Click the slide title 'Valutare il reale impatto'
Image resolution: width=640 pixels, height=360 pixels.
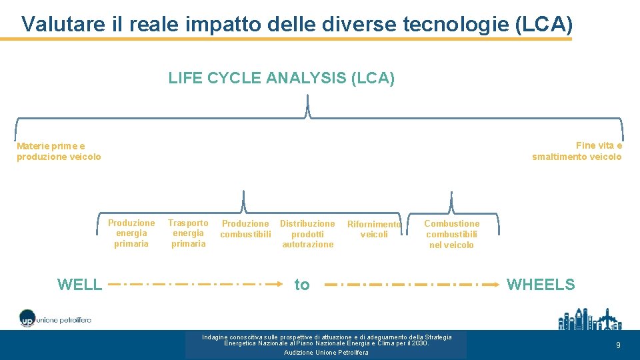pos(297,24)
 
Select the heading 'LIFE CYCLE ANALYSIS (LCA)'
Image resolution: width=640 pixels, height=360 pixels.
pos(281,79)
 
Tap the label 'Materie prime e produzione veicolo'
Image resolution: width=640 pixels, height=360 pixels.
pos(59,151)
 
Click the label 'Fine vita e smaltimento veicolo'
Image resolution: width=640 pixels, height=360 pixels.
pos(577,151)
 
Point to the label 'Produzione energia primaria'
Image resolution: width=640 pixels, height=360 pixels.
pos(131,233)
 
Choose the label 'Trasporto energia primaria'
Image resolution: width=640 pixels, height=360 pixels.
pos(188,233)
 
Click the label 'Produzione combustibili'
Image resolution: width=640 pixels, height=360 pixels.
pos(245,229)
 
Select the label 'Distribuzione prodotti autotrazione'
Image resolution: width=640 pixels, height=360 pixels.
pos(307,234)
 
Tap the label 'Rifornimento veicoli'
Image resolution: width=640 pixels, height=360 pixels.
pos(374,229)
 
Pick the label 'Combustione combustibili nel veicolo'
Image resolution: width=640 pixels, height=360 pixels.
pos(451,234)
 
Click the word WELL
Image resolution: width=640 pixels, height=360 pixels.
pos(80,285)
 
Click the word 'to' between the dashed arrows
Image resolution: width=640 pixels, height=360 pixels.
pos(302,285)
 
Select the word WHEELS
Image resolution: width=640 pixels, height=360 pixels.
pos(541,285)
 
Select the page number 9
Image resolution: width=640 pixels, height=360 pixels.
pos(618,345)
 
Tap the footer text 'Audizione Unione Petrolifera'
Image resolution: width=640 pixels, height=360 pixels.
pos(326,353)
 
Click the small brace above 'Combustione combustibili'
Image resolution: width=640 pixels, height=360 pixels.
pos(451,203)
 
